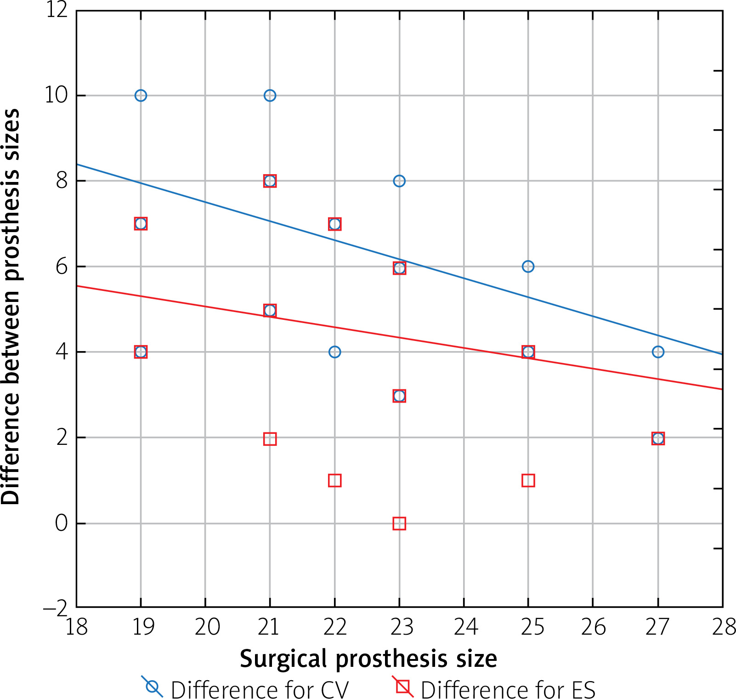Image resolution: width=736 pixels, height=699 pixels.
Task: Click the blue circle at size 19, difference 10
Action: click(x=141, y=96)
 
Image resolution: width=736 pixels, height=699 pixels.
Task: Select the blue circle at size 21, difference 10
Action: click(x=270, y=96)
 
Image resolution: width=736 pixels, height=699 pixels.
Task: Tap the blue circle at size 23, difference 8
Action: click(x=399, y=181)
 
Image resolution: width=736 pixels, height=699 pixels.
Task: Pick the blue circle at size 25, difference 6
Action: click(x=528, y=267)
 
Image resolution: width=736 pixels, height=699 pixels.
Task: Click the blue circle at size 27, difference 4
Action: click(x=658, y=352)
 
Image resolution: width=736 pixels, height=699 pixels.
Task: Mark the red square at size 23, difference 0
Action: click(x=399, y=523)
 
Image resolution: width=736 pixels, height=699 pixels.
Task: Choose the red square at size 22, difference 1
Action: click(x=334, y=481)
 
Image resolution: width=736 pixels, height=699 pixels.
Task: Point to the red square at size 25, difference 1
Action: click(x=528, y=481)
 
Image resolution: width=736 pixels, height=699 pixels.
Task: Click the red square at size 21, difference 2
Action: click(x=270, y=439)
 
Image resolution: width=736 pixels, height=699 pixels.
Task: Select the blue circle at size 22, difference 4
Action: click(x=334, y=352)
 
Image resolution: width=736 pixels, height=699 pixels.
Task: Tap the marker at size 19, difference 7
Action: click(x=141, y=224)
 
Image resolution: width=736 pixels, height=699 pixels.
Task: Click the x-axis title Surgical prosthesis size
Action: click(x=368, y=659)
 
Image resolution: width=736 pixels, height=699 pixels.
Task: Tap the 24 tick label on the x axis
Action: click(x=465, y=627)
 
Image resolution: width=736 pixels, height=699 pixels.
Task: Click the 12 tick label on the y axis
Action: click(x=57, y=10)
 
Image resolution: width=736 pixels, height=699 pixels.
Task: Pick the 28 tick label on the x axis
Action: click(x=724, y=627)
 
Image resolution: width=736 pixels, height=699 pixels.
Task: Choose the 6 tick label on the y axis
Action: click(x=62, y=267)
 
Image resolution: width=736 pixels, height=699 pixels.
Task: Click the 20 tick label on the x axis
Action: click(x=207, y=627)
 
